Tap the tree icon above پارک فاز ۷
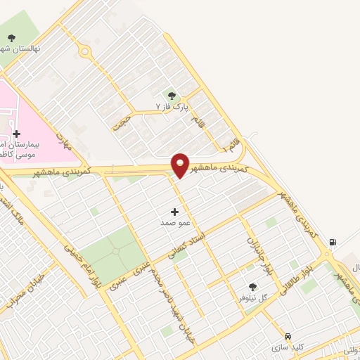point(172,95)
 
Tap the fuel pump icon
point(332,243)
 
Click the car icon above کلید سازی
point(288,335)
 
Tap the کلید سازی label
point(288,347)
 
